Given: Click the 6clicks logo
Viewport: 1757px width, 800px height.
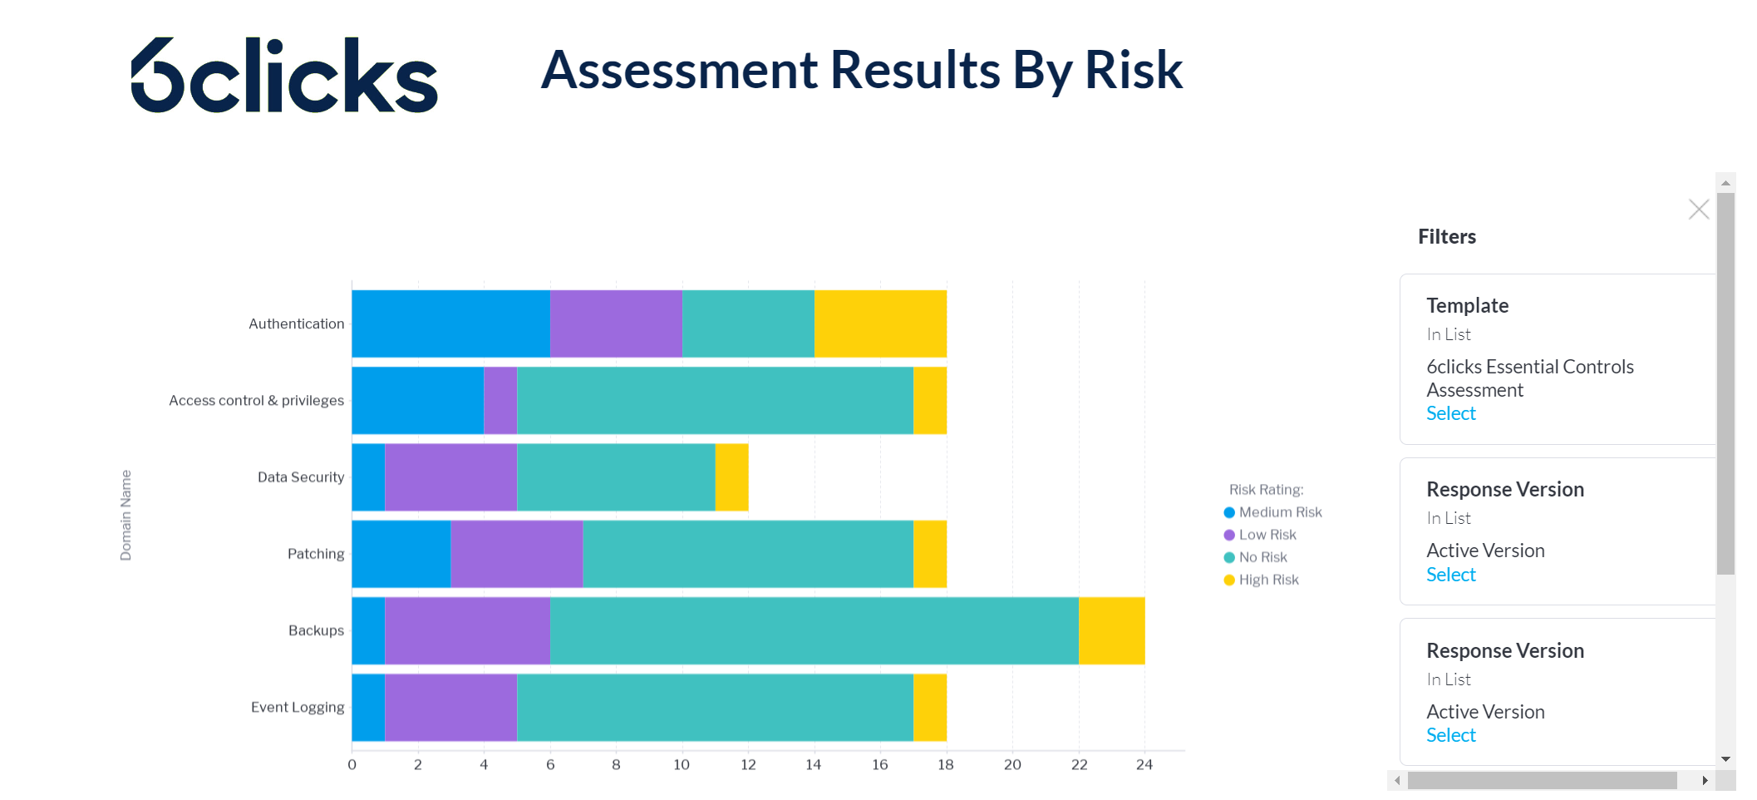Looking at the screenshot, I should tap(284, 75).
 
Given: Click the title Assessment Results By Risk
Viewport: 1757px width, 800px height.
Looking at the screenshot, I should tap(861, 70).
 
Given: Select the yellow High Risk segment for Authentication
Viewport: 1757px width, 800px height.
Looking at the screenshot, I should tap(880, 323).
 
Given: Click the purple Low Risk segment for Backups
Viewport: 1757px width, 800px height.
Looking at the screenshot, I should tap(467, 630).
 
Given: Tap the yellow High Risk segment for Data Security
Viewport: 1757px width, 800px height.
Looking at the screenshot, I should tap(731, 477).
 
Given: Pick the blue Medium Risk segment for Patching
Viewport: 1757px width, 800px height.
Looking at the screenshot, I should tap(401, 554).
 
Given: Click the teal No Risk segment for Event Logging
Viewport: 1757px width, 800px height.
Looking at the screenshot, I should tap(715, 707).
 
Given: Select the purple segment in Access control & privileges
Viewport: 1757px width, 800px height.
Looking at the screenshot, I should tap(500, 400).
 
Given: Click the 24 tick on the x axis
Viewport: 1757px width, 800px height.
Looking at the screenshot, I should tap(1144, 764).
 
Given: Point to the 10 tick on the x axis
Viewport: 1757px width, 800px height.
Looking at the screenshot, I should tap(682, 764).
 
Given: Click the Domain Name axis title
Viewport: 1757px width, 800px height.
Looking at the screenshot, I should tap(125, 515).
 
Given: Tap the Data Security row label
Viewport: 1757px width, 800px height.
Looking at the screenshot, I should tap(300, 477).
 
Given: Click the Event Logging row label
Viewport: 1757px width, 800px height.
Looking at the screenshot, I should tap(297, 707).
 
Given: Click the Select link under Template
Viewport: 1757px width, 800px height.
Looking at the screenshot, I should tap(1450, 413).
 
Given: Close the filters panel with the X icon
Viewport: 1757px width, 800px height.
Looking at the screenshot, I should tap(1698, 209).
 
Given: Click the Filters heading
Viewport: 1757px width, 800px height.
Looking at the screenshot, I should tap(1446, 237).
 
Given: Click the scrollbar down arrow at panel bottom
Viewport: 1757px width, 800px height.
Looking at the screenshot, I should tap(1725, 758).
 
